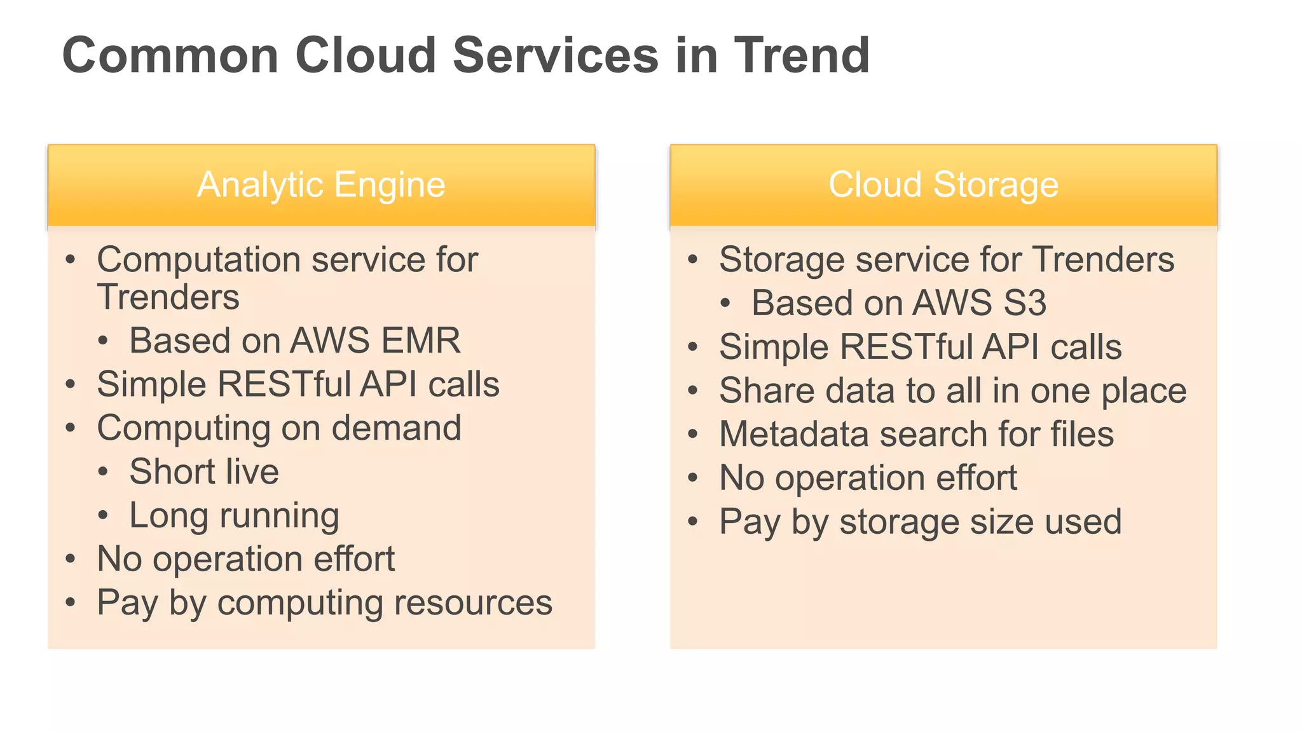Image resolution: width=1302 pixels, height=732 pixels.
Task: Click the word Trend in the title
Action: [802, 55]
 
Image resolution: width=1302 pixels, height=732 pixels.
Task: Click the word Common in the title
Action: [170, 55]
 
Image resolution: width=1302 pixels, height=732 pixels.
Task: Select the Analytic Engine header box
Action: [321, 185]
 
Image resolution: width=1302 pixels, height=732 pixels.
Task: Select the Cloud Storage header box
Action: [943, 185]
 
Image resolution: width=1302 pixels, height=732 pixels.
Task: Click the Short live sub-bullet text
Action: [204, 471]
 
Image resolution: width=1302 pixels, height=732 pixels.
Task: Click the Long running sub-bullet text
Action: [234, 515]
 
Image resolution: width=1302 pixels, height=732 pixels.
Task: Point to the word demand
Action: [396, 428]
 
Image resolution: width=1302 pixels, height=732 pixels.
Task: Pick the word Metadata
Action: [793, 434]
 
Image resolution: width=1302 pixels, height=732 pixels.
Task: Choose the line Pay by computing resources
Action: [324, 602]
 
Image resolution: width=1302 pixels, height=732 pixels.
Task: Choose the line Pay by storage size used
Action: [920, 522]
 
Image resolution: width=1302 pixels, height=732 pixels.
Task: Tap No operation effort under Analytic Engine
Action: [245, 559]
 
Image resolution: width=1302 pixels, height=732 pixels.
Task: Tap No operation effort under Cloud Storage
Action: [868, 478]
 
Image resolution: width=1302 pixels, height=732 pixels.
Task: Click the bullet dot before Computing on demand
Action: [71, 428]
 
